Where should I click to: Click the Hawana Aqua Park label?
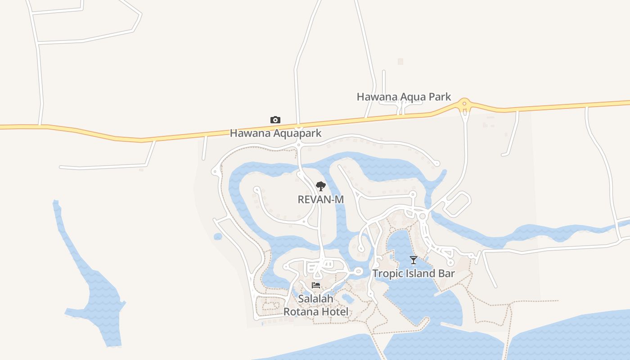pos(404,97)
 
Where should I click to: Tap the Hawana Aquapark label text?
pos(276,133)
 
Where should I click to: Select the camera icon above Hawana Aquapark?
pos(275,120)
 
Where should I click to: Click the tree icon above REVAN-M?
pos(320,186)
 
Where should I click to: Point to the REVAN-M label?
pos(321,199)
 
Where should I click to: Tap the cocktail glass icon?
pos(414,260)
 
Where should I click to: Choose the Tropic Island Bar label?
pos(414,274)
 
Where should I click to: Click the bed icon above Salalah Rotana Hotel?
pos(316,285)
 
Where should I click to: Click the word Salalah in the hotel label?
pos(316,298)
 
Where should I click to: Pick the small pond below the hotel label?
pos(347,298)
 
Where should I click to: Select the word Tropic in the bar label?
pos(387,274)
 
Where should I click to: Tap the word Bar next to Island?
pos(446,274)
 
